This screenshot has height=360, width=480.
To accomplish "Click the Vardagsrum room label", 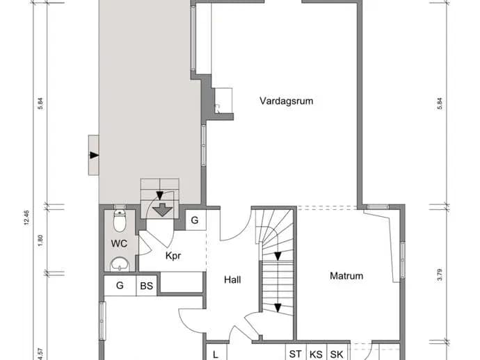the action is [x=286, y=101].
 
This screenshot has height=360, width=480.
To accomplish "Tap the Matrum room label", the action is [x=346, y=276].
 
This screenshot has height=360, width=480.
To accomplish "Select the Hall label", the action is [x=232, y=279].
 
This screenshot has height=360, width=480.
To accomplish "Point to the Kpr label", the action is [x=173, y=256].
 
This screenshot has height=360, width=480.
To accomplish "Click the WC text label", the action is [x=119, y=244].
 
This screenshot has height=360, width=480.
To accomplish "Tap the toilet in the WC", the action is [x=120, y=220].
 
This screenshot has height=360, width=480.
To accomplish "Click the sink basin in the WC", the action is [x=120, y=264].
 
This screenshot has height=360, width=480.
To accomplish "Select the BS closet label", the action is [x=146, y=286].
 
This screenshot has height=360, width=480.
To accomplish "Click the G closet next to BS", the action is [x=120, y=286].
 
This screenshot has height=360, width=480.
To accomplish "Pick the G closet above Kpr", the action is [x=194, y=220].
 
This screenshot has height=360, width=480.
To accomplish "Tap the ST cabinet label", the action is [x=295, y=354].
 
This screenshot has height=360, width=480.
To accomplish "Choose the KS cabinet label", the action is [x=316, y=354].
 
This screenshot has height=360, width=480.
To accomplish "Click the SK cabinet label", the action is [x=337, y=354].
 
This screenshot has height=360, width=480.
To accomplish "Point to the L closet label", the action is [x=216, y=355].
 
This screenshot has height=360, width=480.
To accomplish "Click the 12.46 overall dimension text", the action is [x=26, y=218].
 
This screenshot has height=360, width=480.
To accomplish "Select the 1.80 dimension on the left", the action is [x=40, y=240].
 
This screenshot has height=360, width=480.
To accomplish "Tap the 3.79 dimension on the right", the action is [x=440, y=275].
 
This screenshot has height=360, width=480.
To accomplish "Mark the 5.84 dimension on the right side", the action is [x=440, y=104].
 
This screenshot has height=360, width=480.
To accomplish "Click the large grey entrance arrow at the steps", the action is [x=163, y=210].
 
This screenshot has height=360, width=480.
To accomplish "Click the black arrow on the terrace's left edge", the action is [x=94, y=155].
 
